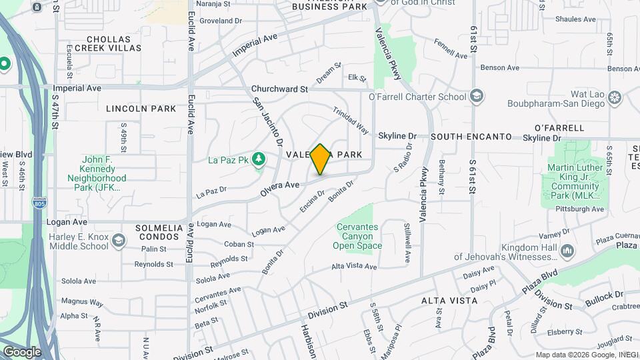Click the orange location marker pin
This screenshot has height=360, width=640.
(x=321, y=159)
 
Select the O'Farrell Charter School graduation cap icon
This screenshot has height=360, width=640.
(x=476, y=97)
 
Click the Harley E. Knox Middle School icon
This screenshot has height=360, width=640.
(x=119, y=240)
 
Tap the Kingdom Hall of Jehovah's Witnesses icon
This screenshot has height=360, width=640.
(x=567, y=251)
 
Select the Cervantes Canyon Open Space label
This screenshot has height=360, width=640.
(x=358, y=236)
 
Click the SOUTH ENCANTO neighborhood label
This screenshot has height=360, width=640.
(x=471, y=137)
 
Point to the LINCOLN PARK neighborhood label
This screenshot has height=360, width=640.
(x=141, y=109)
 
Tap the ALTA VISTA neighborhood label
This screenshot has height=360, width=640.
(x=449, y=301)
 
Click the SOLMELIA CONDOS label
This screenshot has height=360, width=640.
(x=159, y=233)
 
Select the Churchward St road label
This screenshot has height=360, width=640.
(x=279, y=89)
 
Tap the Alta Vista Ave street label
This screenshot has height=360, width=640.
(x=355, y=267)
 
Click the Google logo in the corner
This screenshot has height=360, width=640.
(x=22, y=351)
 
